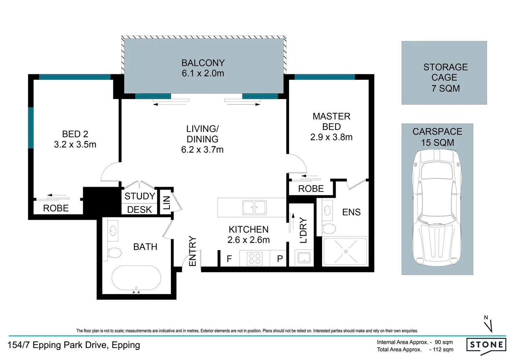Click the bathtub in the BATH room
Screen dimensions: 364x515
pos(136,278)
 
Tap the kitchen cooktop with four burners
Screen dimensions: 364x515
pos(254,259)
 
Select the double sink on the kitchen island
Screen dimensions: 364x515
pos(254,207)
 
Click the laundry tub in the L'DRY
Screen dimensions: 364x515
pos(304,258)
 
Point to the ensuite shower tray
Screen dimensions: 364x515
pos(345,251)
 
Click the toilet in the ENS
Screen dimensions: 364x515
pos(328,229)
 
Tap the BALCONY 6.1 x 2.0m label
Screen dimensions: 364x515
pos(203,68)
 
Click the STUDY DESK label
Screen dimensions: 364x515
pos(140,203)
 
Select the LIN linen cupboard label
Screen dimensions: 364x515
pos(166,203)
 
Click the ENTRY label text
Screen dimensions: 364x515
pos(192,251)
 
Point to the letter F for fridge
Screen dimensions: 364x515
pos(229,259)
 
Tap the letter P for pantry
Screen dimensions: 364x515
pos(280,259)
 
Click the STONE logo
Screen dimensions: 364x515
pos(486,345)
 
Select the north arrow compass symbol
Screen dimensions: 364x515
pos(488,324)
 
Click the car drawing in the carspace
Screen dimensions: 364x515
pos(437,207)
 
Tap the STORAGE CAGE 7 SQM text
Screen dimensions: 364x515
pos(445,78)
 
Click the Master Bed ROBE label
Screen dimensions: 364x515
pos(311,189)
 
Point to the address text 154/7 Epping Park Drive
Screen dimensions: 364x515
pos(74,345)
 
